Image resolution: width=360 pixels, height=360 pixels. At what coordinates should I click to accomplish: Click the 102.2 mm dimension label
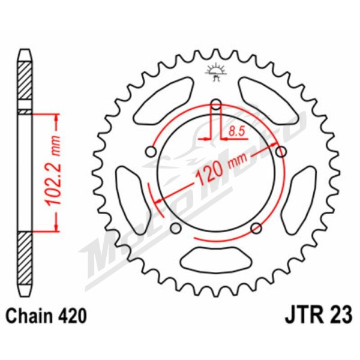(53, 170)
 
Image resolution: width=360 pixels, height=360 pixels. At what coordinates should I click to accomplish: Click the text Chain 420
(46, 316)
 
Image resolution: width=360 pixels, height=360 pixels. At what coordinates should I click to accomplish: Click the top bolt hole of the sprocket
(216, 104)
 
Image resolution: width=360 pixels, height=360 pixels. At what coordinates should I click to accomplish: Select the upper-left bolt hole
(151, 152)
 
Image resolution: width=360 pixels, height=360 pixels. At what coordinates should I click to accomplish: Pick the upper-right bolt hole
(281, 152)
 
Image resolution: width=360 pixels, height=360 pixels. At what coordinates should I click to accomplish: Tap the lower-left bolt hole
(176, 228)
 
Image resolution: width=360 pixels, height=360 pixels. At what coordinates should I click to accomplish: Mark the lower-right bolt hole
(256, 228)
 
